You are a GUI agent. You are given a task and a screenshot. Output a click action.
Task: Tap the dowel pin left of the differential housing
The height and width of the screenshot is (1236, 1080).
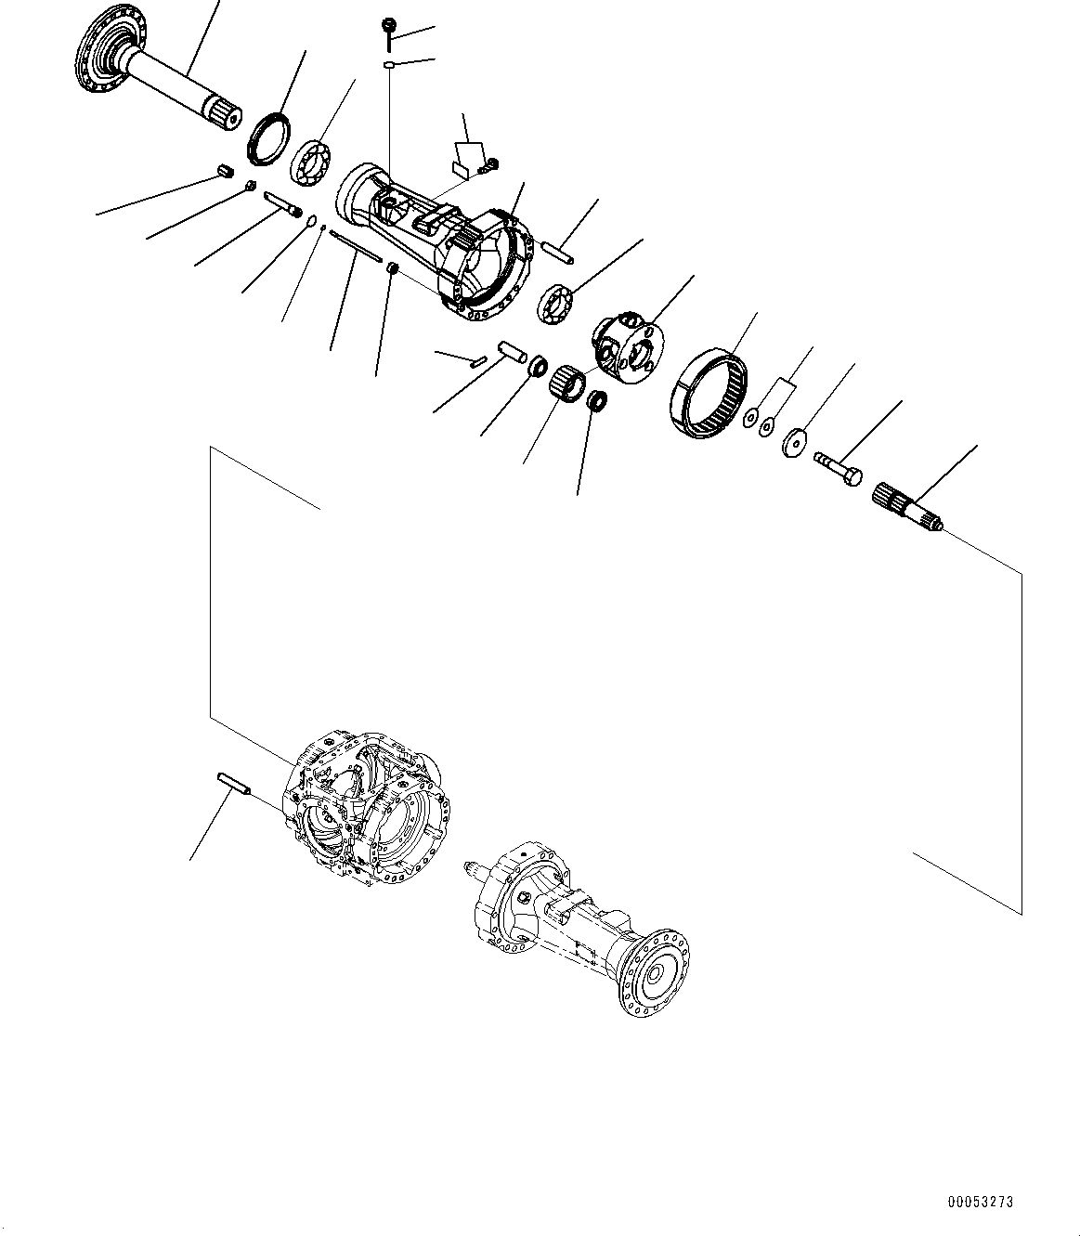[x=237, y=783]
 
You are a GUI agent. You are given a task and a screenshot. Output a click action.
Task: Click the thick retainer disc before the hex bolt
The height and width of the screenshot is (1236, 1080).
[x=795, y=442]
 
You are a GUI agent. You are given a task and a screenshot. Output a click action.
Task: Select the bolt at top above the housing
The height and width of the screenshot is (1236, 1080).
[x=389, y=33]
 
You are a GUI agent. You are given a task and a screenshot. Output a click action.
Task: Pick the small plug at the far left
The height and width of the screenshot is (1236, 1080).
[x=223, y=170]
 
